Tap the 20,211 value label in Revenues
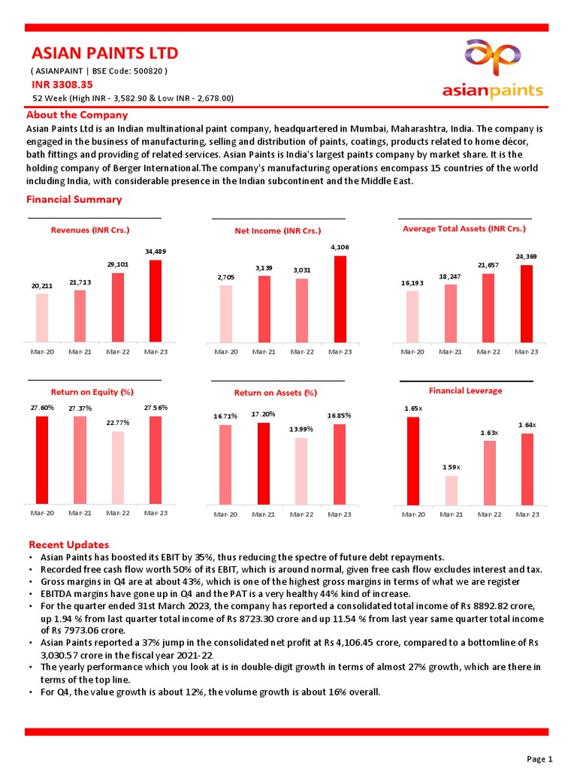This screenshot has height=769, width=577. (42, 286)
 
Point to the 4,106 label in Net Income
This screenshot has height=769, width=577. (340, 247)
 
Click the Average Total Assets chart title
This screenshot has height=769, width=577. (464, 228)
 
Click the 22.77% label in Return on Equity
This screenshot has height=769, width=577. (118, 423)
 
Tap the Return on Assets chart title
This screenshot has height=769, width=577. (275, 393)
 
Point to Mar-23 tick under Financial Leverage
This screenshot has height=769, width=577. (527, 514)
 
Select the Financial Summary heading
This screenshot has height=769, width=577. (74, 200)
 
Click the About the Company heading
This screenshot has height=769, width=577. (77, 115)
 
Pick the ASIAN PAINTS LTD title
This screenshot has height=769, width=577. (104, 53)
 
